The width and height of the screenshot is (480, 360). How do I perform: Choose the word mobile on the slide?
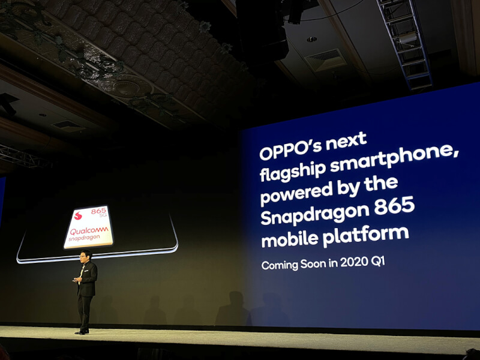[x=289, y=238]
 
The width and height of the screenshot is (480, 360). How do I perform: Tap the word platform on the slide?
[x=366, y=235]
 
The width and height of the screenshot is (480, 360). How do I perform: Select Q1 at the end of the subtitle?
[x=378, y=262]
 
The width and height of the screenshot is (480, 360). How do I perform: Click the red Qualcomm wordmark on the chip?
[x=89, y=230]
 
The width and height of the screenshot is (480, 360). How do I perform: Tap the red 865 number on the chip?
[x=98, y=211]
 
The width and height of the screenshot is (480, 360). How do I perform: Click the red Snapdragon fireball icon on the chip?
[x=79, y=215]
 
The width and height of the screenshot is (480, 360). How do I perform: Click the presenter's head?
[x=85, y=256]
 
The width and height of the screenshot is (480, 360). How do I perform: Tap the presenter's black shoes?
[x=82, y=332]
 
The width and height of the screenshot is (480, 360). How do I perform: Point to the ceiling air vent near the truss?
[x=326, y=59]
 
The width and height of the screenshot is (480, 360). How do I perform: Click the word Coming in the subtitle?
[x=280, y=265]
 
